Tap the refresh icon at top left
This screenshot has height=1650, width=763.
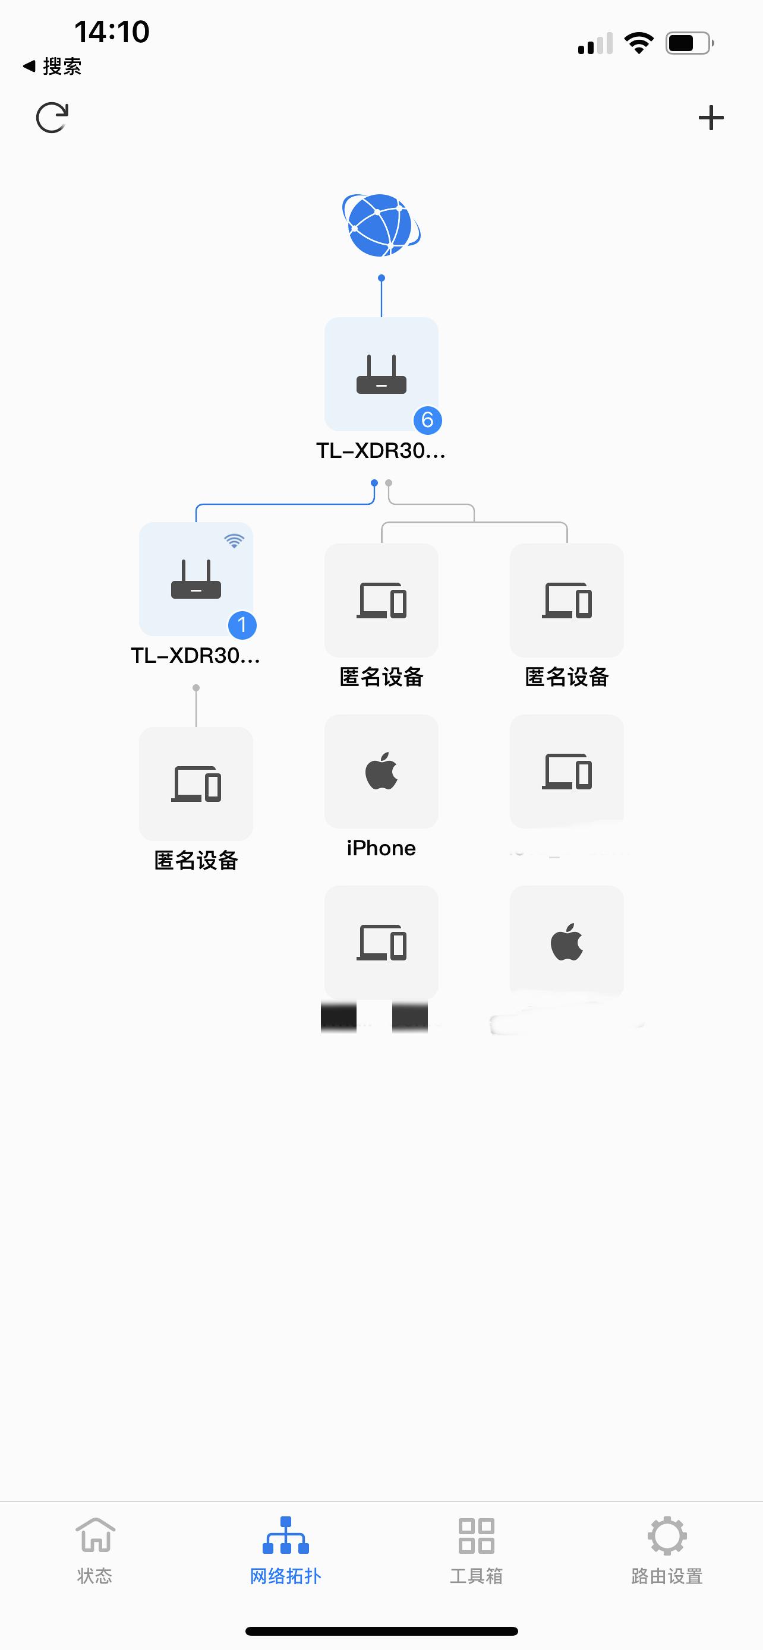click(52, 118)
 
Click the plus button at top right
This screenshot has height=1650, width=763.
click(711, 118)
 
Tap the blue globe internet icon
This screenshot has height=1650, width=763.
click(381, 225)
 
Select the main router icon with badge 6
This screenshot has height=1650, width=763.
click(381, 374)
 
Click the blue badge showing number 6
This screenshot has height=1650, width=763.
click(427, 420)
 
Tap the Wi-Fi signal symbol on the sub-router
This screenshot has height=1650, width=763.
click(235, 540)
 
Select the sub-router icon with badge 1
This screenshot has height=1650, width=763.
click(196, 579)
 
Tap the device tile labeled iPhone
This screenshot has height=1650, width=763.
click(381, 771)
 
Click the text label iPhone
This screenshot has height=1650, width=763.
click(381, 848)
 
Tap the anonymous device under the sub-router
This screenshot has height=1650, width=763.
click(196, 783)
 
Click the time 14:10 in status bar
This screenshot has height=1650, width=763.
click(112, 31)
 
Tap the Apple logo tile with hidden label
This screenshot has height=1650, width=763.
click(566, 941)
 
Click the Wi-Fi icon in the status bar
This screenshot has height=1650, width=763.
click(639, 43)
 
